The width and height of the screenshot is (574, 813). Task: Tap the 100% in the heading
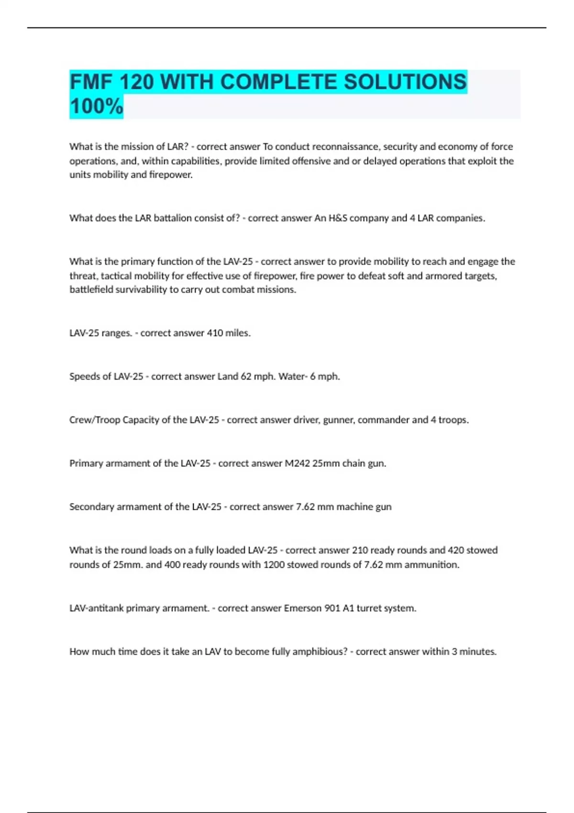96,106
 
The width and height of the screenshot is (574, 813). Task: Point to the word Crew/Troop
95,420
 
